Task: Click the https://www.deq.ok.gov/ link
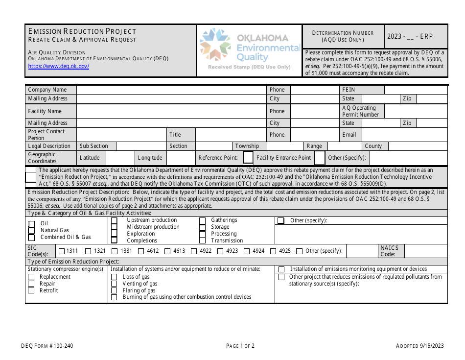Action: [58, 66]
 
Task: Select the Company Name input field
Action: [171, 90]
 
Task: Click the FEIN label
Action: [349, 90]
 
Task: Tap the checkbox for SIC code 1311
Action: [62, 251]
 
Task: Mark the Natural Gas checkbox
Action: [32, 230]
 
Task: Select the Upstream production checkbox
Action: [114, 220]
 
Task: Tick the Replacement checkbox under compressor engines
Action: [31, 277]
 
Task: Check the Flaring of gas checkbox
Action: [114, 290]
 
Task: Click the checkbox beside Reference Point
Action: [248, 158]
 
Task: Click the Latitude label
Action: [90, 158]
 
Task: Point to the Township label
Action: [247, 146]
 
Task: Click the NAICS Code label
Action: [389, 251]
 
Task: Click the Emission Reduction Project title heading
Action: [82, 31]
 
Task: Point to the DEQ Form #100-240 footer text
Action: [50, 346]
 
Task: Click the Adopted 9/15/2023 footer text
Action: [419, 346]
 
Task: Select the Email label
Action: [349, 135]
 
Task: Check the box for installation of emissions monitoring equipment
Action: [281, 269]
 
